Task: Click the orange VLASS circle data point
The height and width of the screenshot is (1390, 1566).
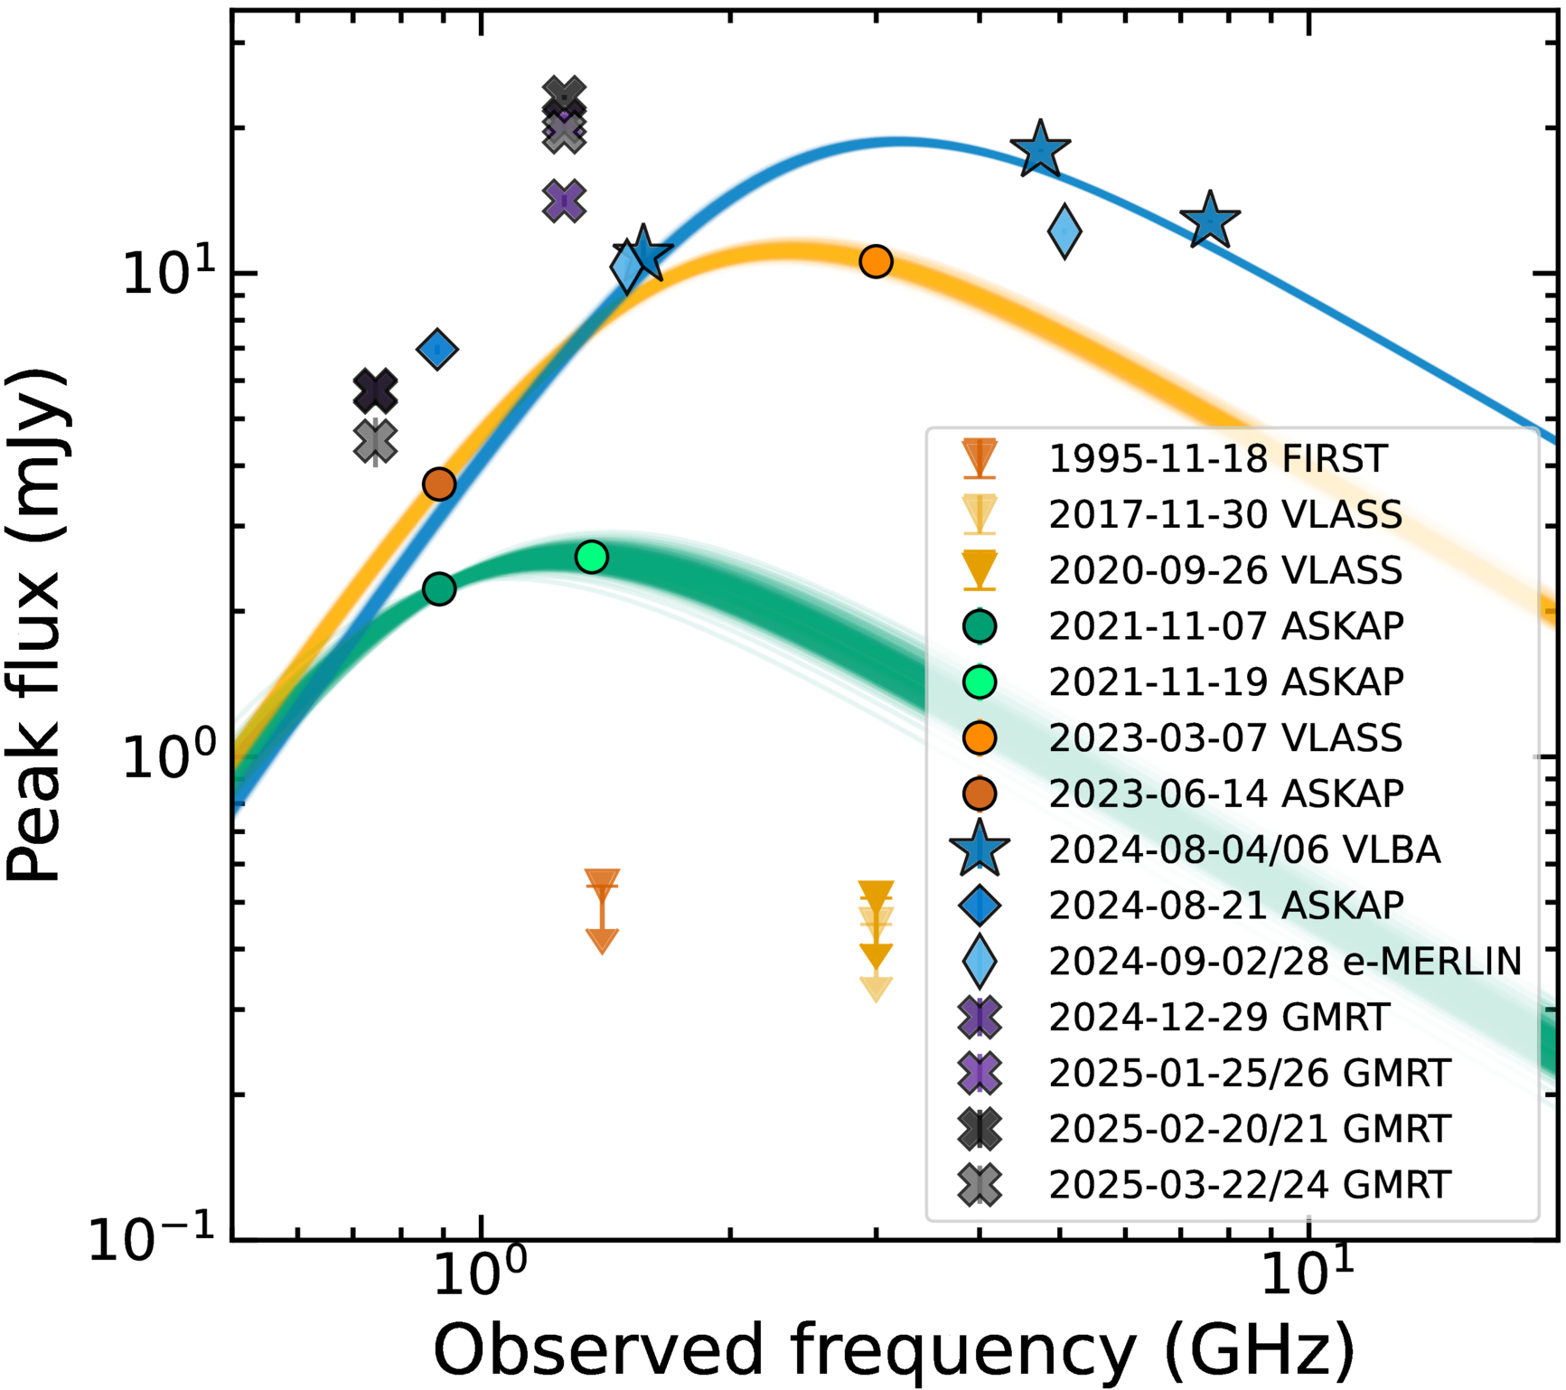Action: pos(876,261)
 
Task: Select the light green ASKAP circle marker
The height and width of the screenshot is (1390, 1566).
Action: pos(591,557)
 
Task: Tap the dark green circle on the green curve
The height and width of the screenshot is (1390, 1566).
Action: pos(439,589)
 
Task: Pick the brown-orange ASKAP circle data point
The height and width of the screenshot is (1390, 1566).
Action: pos(439,484)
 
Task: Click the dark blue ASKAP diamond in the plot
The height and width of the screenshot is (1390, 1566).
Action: pos(437,349)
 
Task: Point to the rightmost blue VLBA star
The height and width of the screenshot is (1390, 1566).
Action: pos(1209,221)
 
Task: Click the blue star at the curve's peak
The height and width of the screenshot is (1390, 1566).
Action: pos(1040,150)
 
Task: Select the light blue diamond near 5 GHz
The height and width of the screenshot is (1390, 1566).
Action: pos(1064,231)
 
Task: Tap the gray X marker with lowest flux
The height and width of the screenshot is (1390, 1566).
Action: pos(376,442)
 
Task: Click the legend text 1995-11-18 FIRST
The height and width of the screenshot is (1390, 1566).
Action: pos(1216,459)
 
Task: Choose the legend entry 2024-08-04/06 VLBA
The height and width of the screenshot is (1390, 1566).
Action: pos(1243,850)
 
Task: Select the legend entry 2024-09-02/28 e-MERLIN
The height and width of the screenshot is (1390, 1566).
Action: pos(1284,962)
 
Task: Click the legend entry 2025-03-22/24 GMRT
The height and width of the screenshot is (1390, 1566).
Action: pos(1249,1185)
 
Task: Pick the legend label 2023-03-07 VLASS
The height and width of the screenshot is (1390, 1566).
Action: pos(1224,738)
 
